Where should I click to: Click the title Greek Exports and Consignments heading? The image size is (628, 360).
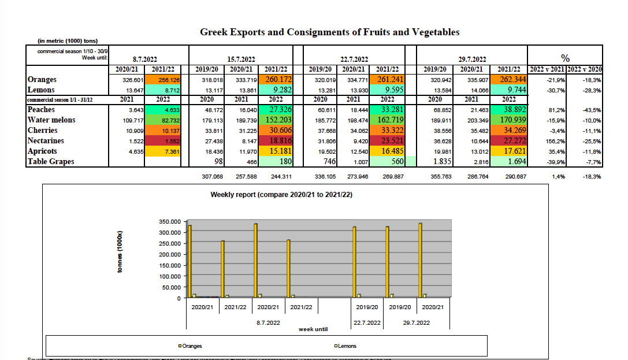click(x=329, y=32)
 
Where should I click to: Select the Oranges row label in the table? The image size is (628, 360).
click(x=42, y=80)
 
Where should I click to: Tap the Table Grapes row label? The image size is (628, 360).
click(x=51, y=162)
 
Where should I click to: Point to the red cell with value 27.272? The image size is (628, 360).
click(x=508, y=141)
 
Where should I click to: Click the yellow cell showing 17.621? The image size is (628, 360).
click(x=508, y=151)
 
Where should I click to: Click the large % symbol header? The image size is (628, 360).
click(x=566, y=58)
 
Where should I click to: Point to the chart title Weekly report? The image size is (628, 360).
click(x=281, y=195)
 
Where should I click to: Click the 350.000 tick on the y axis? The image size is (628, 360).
click(x=169, y=222)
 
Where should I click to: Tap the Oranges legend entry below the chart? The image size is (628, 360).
click(x=191, y=346)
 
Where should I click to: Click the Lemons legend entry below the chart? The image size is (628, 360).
click(x=345, y=346)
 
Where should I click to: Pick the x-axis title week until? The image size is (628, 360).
click(x=313, y=329)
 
